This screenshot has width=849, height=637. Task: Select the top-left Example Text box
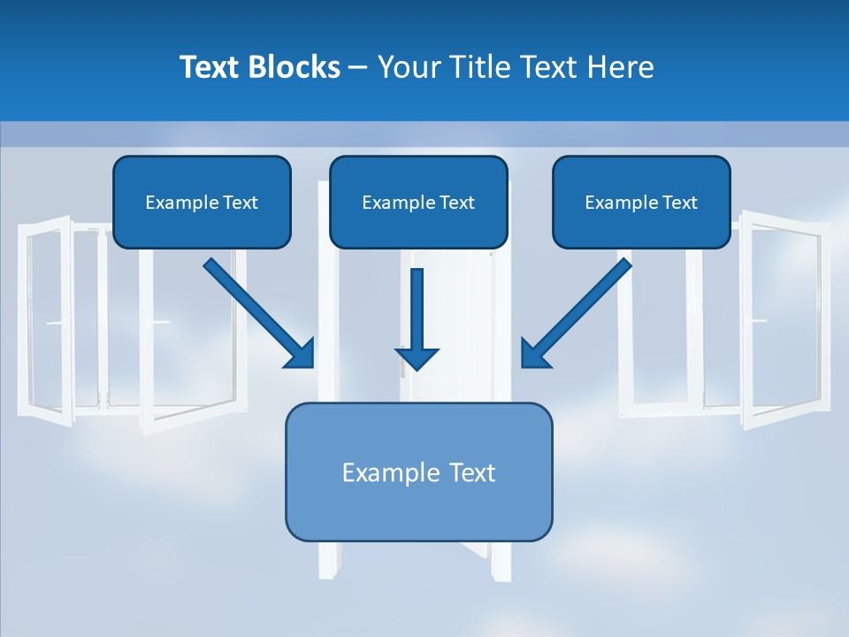[202, 202]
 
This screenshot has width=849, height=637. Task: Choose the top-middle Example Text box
[418, 202]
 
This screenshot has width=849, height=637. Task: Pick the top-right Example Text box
[641, 202]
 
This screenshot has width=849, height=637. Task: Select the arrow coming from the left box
[256, 310]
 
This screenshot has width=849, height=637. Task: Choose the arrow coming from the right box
[579, 310]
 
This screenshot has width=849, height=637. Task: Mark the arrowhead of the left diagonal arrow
[301, 354]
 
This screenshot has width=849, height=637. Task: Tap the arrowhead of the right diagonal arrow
[534, 354]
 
